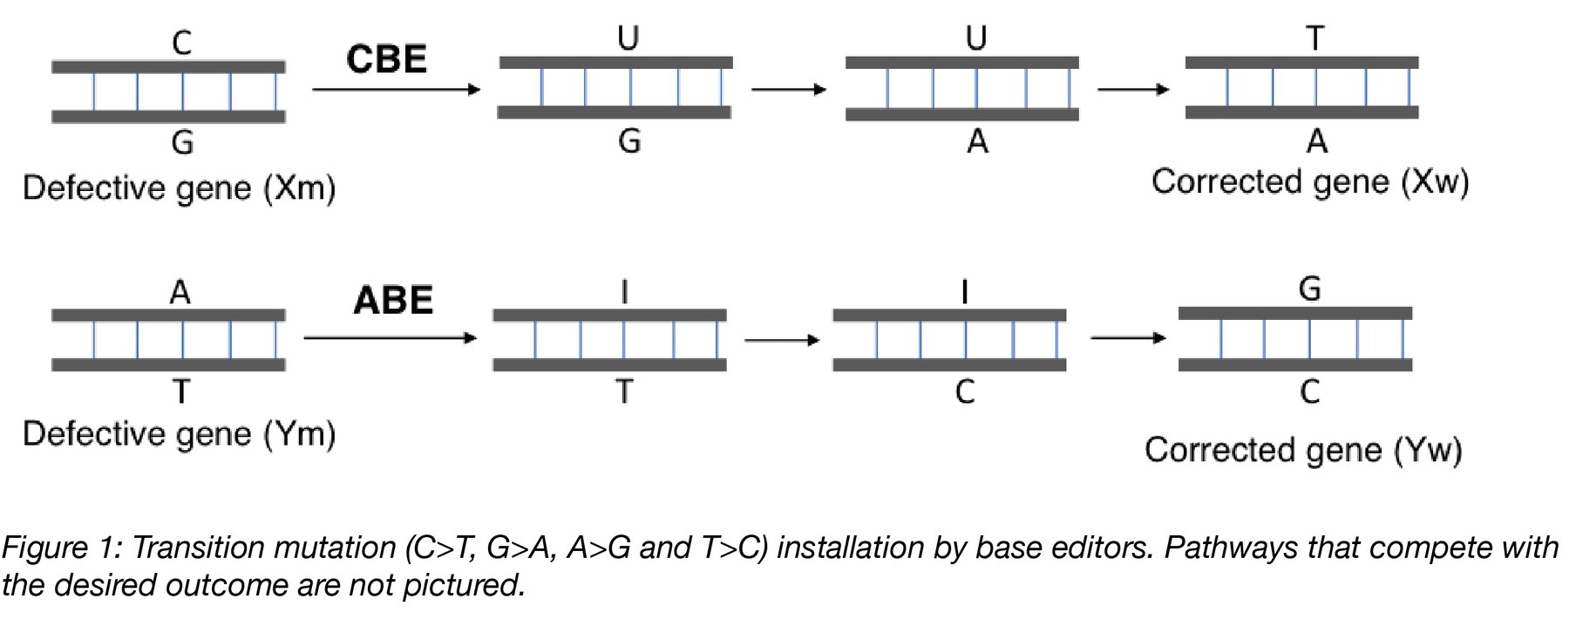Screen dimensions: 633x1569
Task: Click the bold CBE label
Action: (386, 59)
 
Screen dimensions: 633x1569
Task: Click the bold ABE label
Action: (393, 300)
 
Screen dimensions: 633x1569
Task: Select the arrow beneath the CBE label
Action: (396, 89)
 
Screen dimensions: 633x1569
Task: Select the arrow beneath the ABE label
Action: (390, 338)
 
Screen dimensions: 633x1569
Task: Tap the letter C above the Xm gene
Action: (181, 43)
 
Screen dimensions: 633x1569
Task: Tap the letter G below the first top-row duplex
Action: (182, 142)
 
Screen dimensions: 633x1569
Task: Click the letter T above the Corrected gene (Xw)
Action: (1314, 38)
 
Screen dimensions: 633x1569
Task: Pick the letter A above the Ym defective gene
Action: (180, 292)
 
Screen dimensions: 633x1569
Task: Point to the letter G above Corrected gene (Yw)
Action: (1309, 289)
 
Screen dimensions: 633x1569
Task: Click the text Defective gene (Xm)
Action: (179, 188)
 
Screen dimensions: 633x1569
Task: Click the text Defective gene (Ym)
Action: (179, 433)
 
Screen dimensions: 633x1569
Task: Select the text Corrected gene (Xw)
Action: (1309, 182)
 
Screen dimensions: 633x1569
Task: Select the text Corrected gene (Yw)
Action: (1302, 450)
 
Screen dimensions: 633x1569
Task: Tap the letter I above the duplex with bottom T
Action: (624, 292)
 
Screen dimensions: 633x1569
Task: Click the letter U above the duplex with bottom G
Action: (628, 38)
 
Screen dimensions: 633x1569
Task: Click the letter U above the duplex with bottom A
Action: (976, 38)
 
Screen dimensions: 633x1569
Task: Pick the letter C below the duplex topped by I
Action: (964, 392)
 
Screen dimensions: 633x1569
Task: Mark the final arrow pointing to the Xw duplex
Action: (1132, 89)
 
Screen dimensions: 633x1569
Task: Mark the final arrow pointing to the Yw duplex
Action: (1128, 338)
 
